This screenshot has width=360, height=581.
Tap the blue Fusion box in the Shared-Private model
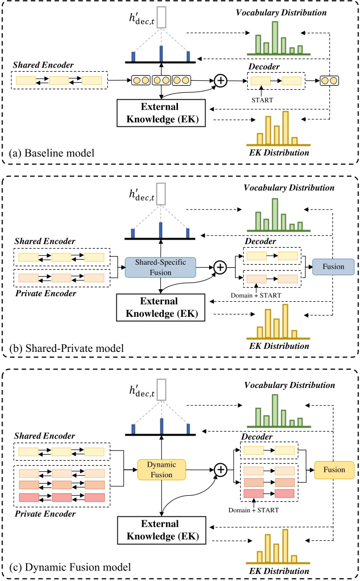click(x=333, y=267)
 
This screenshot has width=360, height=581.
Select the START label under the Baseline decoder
click(x=262, y=99)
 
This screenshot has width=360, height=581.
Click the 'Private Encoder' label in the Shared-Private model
click(x=45, y=293)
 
